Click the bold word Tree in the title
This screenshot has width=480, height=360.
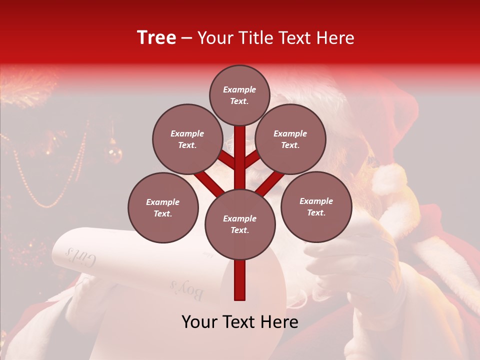(156, 37)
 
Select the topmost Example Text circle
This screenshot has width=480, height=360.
(239, 95)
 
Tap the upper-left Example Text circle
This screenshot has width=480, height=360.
(187, 139)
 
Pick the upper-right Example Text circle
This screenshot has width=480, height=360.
(290, 139)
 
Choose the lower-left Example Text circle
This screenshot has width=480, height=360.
(163, 207)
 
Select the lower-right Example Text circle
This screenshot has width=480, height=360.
(316, 206)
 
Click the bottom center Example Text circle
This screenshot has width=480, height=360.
(239, 224)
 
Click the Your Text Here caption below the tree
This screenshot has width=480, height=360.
(239, 322)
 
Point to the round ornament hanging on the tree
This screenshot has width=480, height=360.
(114, 153)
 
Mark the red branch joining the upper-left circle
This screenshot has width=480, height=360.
(225, 160)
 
